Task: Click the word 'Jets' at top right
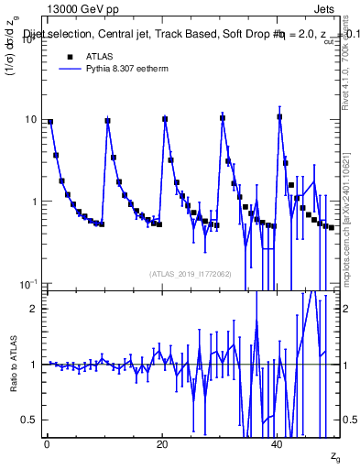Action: (326, 8)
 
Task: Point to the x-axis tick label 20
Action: (161, 444)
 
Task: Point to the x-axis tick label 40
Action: (277, 444)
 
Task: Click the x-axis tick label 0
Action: (46, 444)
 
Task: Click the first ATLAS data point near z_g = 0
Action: (50, 122)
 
